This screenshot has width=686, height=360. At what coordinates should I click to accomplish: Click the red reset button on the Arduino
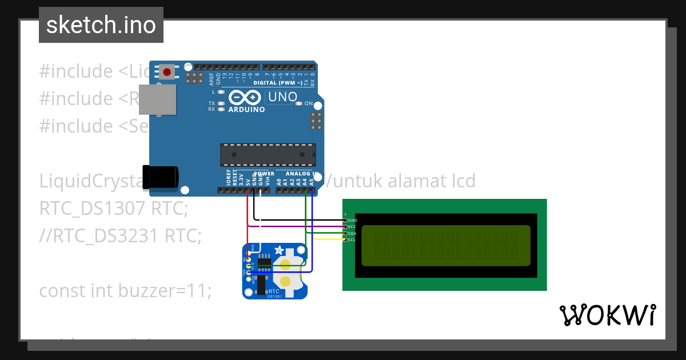click(x=167, y=72)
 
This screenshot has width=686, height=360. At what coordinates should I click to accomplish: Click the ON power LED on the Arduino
click(x=298, y=103)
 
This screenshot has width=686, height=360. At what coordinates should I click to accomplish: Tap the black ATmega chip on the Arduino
click(x=268, y=154)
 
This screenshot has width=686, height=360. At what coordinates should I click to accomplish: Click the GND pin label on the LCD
click(x=352, y=220)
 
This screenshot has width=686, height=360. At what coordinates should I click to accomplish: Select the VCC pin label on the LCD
click(x=352, y=227)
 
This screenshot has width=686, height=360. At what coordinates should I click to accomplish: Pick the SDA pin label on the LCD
click(x=352, y=234)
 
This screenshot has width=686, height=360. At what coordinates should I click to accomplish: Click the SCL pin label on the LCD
click(x=352, y=240)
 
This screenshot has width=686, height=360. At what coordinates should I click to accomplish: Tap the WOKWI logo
click(x=607, y=315)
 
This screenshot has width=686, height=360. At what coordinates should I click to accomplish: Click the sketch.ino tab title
click(x=101, y=25)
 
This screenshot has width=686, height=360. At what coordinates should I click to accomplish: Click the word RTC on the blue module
click(x=274, y=291)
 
